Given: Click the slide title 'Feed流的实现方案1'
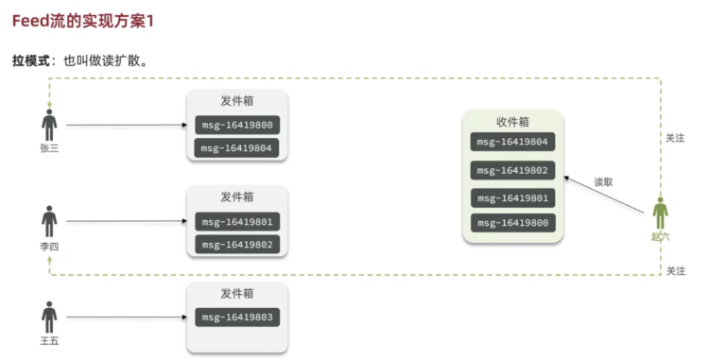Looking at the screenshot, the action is [x=83, y=21].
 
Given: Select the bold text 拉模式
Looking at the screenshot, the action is [x=31, y=60].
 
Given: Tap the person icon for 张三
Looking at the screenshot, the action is [x=49, y=125].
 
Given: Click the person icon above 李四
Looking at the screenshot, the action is [x=49, y=221].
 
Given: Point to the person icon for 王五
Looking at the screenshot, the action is [x=49, y=317].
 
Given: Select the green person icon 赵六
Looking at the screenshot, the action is [x=660, y=214].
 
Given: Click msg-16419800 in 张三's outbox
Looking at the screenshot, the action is [x=237, y=125].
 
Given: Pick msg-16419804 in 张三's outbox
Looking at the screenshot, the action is [x=236, y=148].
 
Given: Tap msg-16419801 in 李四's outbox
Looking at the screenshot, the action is [x=237, y=222].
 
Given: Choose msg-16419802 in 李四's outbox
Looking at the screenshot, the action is [x=237, y=245].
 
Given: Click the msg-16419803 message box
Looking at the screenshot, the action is [x=237, y=317].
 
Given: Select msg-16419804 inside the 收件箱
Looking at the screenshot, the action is [x=512, y=142].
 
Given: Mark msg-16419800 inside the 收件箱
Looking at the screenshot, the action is [x=513, y=223].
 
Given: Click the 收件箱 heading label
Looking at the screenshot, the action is [x=512, y=122].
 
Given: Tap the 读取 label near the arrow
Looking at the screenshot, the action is [x=604, y=182].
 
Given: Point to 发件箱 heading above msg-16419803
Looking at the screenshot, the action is [x=237, y=294].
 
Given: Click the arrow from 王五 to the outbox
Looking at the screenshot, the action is [x=127, y=317].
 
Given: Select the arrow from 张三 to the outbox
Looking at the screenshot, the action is [x=127, y=125].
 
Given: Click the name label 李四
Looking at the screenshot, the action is [x=49, y=247].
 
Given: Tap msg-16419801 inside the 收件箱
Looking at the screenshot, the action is [x=512, y=198].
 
